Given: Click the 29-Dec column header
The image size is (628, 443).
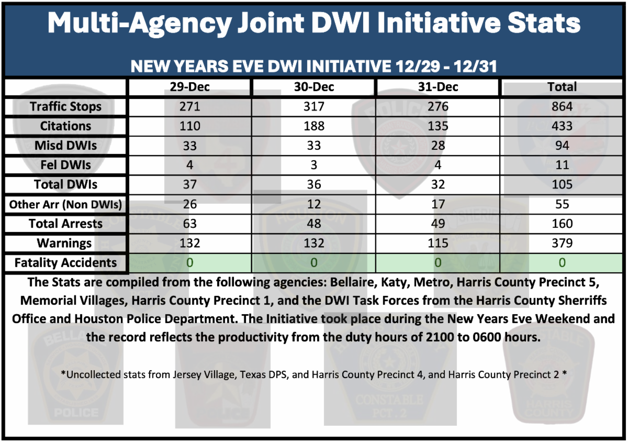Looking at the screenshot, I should tap(189, 87).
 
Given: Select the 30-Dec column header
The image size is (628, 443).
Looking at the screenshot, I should tap(313, 87).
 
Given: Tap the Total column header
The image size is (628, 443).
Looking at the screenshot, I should tap(562, 87).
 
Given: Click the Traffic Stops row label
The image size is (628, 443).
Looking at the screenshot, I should tap(65, 107).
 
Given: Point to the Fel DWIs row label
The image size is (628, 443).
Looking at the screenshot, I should tap(65, 165).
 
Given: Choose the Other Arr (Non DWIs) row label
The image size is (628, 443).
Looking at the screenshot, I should tap(65, 204).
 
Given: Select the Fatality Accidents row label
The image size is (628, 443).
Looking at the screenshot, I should tap(65, 262).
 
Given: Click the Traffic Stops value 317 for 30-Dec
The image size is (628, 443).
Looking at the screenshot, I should tap(313, 107).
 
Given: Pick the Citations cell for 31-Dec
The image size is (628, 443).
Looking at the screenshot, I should tap(438, 126).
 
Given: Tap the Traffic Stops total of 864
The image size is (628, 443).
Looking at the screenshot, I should tap(562, 107).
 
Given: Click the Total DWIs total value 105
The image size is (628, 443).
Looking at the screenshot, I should tap(562, 185).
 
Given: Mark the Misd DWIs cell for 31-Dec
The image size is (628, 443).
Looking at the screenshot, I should tap(438, 146).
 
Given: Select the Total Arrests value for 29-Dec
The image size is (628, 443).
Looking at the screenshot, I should tap(189, 224).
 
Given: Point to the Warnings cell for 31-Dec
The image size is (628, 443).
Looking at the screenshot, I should tap(438, 243).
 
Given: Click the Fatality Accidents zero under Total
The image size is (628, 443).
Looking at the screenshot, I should tap(562, 262).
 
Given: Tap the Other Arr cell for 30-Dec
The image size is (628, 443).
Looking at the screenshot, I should tap(313, 204).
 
